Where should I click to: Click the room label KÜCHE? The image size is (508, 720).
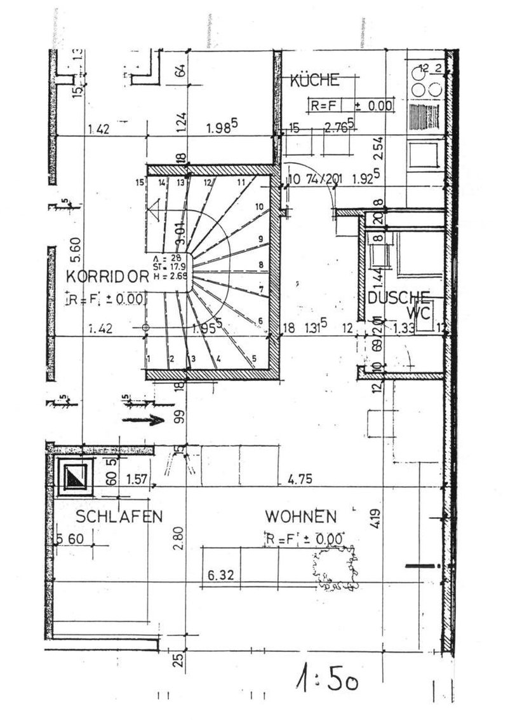[315, 80]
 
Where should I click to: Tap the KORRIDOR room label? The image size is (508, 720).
[107, 276]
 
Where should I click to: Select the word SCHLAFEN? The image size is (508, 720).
[119, 516]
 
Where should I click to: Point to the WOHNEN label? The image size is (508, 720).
[301, 515]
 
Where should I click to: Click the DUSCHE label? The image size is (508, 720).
[399, 297]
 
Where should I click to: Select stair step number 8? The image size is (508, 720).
[261, 265]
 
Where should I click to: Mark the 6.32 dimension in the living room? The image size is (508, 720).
[222, 575]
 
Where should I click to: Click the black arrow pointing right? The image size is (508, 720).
[143, 420]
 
